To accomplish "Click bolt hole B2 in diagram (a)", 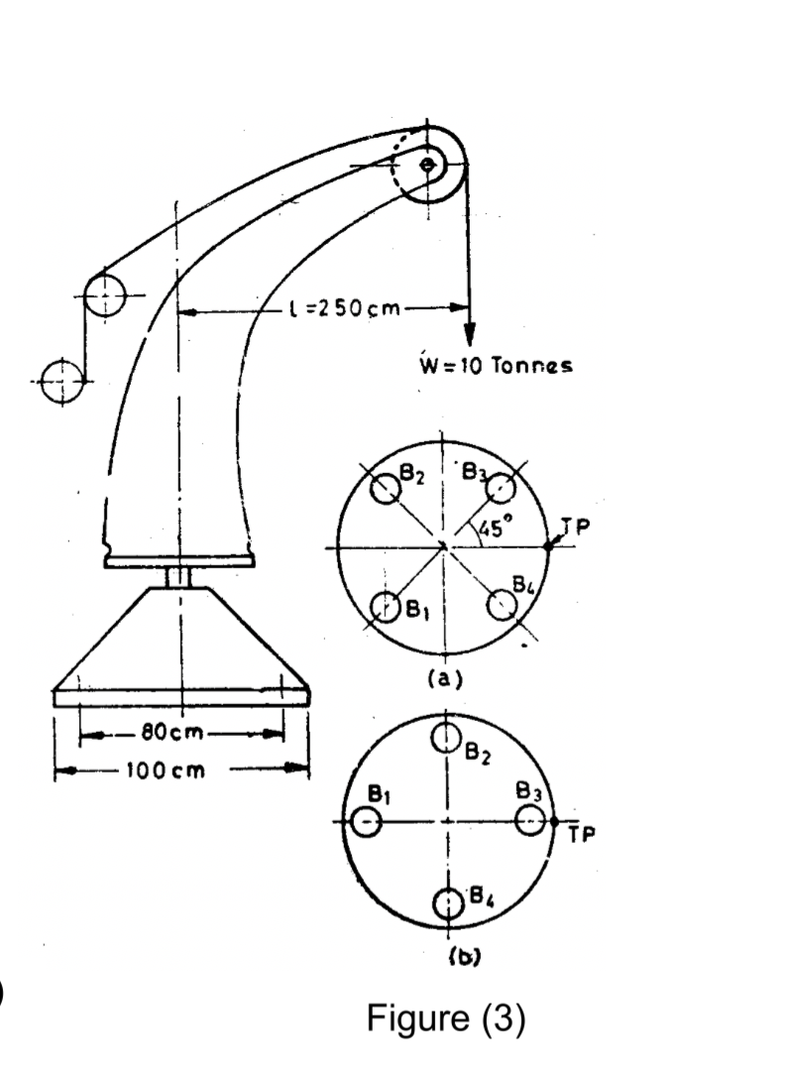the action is (385, 487).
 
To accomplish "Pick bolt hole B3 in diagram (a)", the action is (504, 488).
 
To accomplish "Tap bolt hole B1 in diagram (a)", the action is (385, 606).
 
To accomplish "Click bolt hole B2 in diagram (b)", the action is (447, 737).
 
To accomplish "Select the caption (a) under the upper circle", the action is (443, 680).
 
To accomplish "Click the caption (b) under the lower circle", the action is (448, 959).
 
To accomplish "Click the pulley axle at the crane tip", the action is (428, 165).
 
